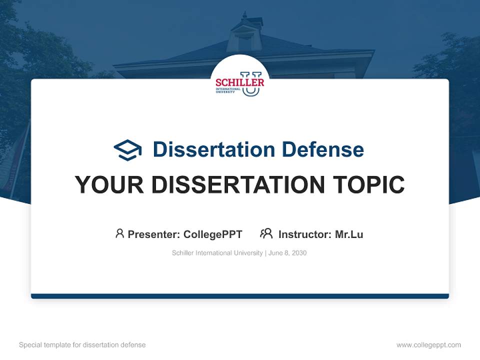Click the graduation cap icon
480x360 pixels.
[x=127, y=150]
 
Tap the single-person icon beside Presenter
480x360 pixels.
[x=119, y=233]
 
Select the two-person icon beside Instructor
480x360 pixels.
[x=266, y=233]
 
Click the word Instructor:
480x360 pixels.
[x=305, y=234]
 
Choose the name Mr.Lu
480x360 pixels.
[x=349, y=234]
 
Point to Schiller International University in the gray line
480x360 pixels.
[x=217, y=253]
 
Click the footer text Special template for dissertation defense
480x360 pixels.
[x=82, y=345]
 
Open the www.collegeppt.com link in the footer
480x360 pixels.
[x=428, y=345]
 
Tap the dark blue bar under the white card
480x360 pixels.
[x=240, y=296]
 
